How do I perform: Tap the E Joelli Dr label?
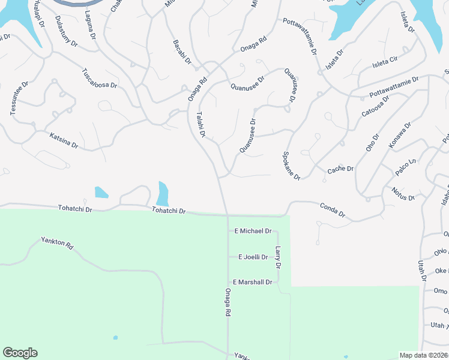tap(253, 257)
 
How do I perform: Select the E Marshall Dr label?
tap(253, 282)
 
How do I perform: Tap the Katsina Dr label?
tap(64, 141)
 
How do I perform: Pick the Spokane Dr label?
tap(291, 164)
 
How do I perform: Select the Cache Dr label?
tap(340, 170)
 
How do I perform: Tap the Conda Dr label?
tap(332, 209)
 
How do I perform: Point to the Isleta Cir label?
tap(385, 61)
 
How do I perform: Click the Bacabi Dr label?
tap(181, 52)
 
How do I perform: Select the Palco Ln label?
tap(405, 167)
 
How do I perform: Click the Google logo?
tap(20, 353)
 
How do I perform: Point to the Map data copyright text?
tap(424, 355)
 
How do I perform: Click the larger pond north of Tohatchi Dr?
tap(162, 194)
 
